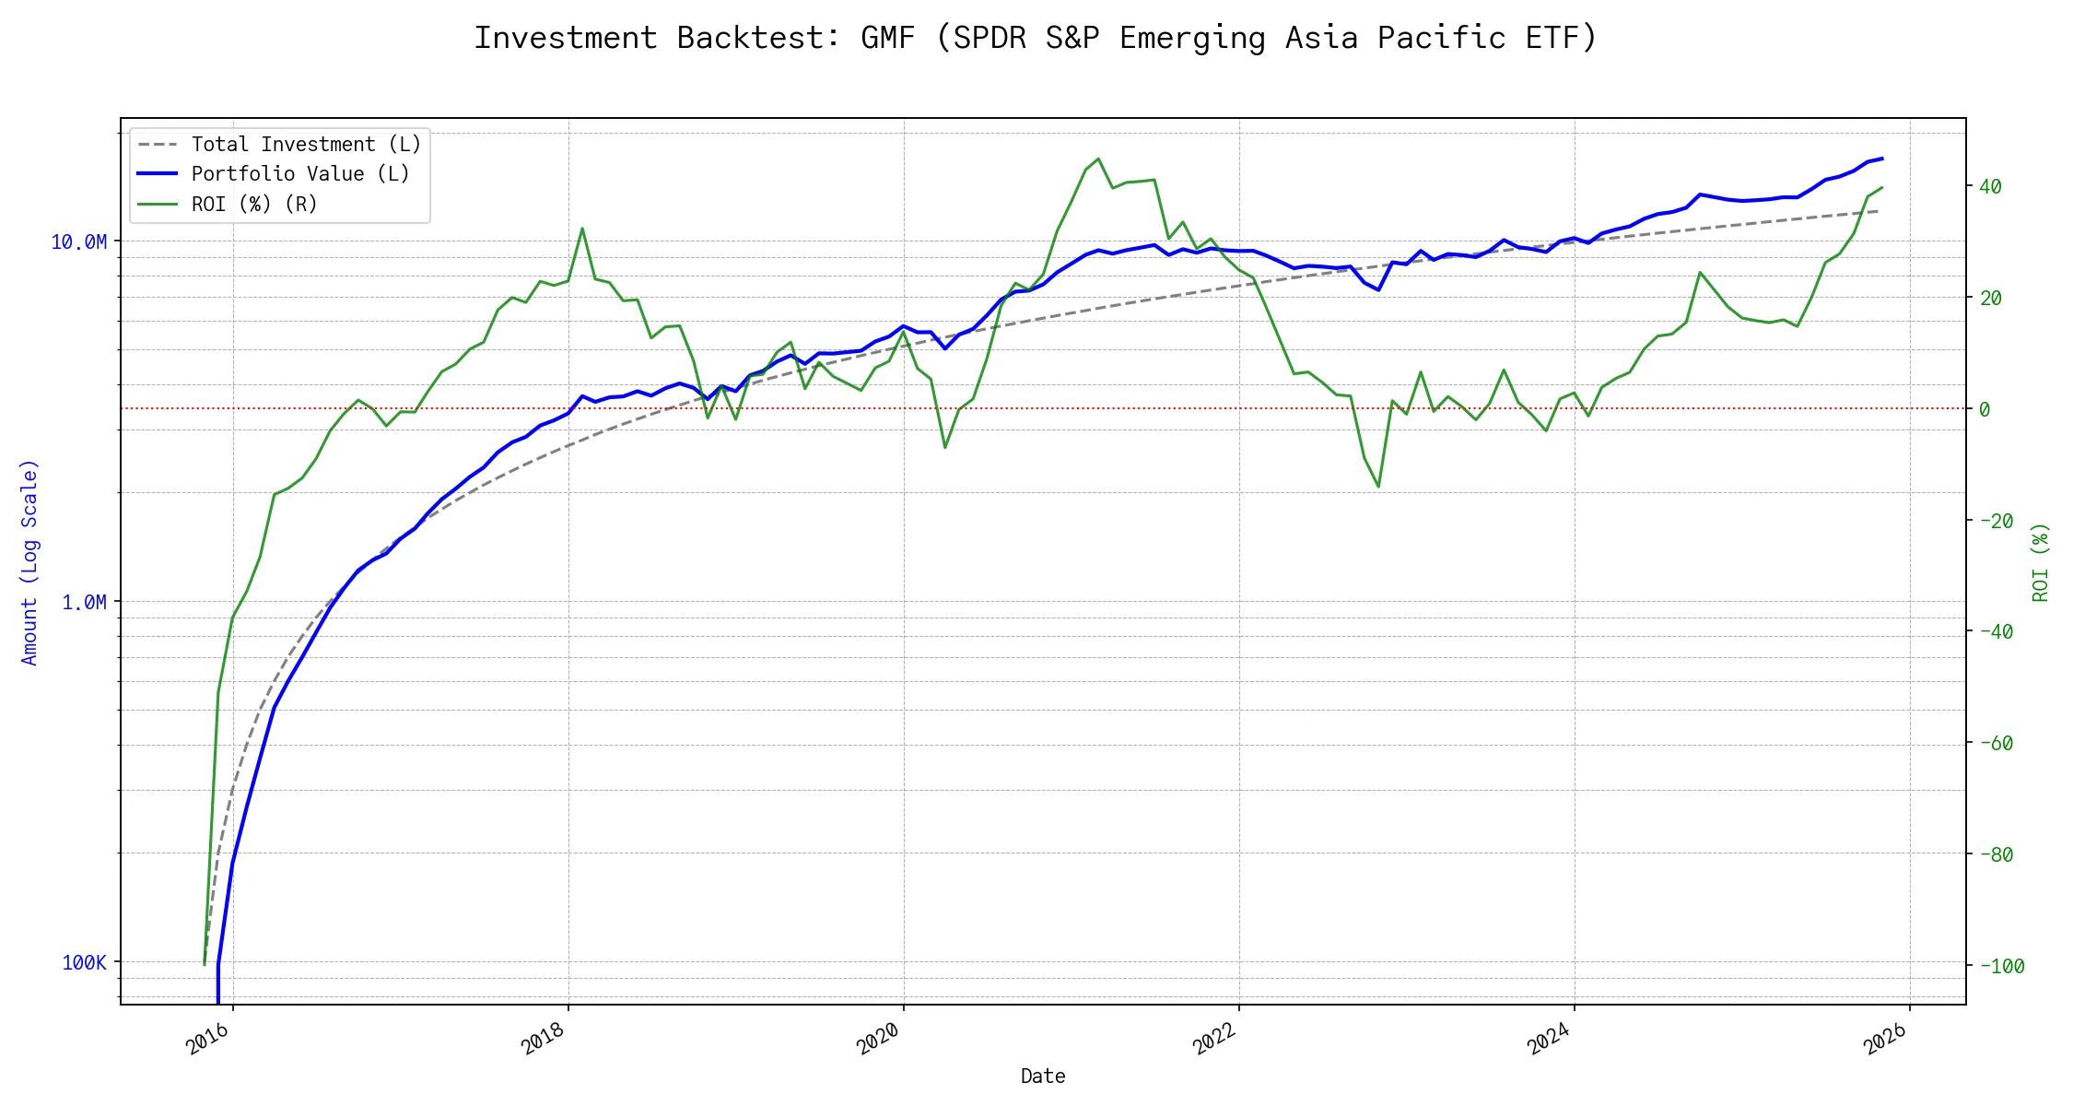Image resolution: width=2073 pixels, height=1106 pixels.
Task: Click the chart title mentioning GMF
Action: (1036, 38)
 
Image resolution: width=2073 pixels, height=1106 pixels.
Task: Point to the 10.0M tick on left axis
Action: (78, 241)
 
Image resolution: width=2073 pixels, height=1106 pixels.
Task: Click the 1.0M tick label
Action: (84, 602)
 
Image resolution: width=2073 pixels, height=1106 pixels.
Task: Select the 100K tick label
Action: (84, 962)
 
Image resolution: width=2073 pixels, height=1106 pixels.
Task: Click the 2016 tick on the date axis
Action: (208, 1039)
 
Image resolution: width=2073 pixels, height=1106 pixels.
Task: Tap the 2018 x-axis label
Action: (544, 1039)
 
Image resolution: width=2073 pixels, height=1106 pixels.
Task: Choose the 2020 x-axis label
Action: (879, 1039)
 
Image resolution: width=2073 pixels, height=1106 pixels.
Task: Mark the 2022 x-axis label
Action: (1214, 1039)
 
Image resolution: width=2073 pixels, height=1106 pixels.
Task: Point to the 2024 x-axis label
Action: (1550, 1039)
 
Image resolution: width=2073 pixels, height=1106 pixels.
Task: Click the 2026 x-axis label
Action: (1885, 1039)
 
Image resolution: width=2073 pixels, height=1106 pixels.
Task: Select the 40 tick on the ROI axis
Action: (1990, 186)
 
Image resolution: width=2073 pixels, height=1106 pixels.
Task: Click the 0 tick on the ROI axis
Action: (1985, 409)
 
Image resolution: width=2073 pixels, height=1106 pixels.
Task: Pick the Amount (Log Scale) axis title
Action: (29, 562)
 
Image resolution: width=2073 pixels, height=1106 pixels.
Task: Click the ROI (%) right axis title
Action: (2041, 562)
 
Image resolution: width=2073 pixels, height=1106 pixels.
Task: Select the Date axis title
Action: (1043, 1077)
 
